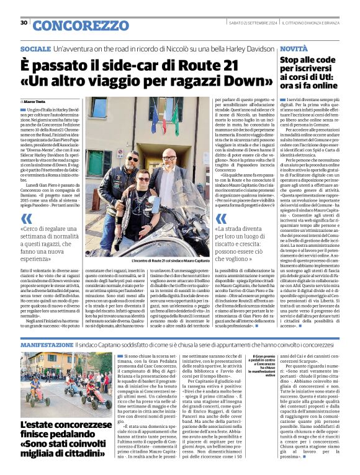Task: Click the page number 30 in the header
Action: point(24,23)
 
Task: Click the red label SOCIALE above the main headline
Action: point(35,48)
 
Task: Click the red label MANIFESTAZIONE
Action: point(47,344)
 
